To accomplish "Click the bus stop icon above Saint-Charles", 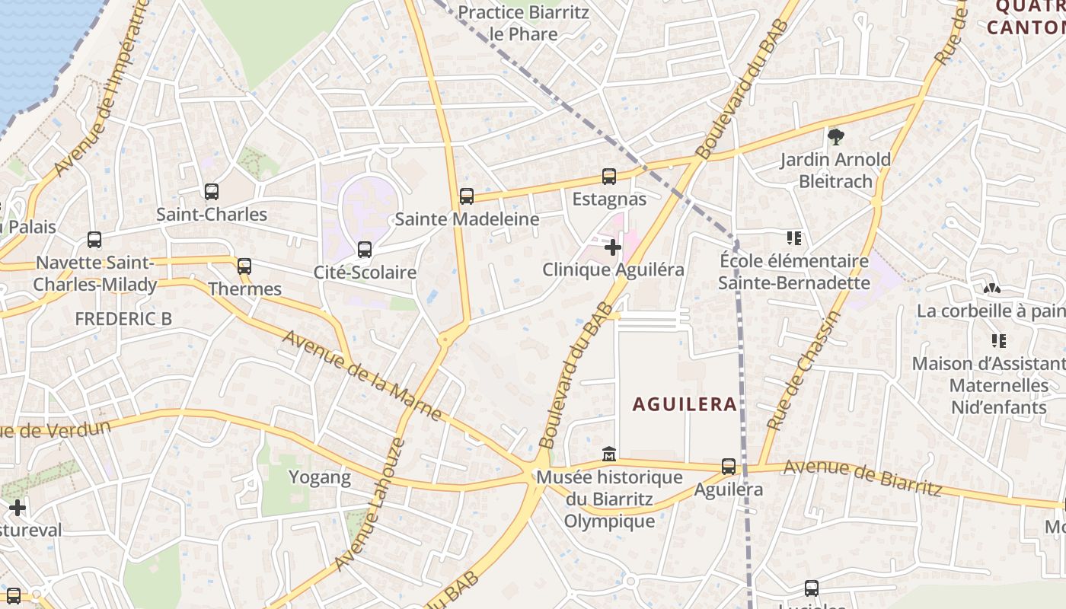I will (x=212, y=192).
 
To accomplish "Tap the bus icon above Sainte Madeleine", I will (x=467, y=196).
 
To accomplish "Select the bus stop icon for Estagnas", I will (x=608, y=177).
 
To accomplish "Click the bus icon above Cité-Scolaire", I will (x=365, y=250).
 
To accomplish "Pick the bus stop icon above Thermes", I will (x=244, y=266).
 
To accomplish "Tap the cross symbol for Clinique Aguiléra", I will (x=613, y=247).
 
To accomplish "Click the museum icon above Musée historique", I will (x=609, y=454).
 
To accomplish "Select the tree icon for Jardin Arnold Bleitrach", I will (x=835, y=137).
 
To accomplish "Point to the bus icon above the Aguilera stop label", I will (x=729, y=467).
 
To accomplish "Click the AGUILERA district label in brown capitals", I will (x=685, y=404).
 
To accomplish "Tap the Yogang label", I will (x=320, y=478).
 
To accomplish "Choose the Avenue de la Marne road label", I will (x=362, y=375).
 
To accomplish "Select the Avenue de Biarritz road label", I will (x=863, y=476).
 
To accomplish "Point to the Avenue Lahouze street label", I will (x=369, y=504).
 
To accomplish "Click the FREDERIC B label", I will (x=123, y=319).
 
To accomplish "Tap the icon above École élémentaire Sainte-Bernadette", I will (x=794, y=238).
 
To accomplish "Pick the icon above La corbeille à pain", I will (x=991, y=289).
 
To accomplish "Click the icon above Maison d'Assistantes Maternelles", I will (x=998, y=341).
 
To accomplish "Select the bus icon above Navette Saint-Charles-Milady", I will (x=94, y=240).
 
